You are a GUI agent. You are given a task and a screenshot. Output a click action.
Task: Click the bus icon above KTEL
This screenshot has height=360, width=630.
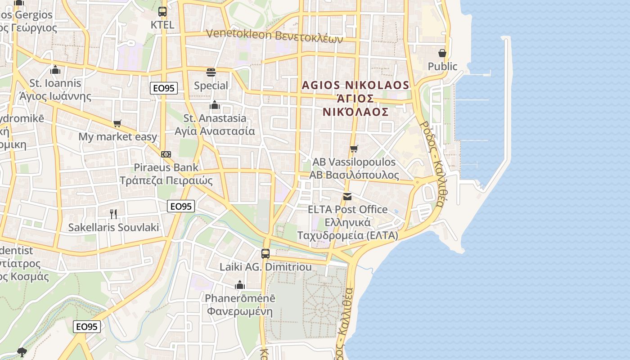pos(162,12)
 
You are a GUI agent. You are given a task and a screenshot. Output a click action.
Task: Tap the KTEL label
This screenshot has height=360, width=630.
pos(162,25)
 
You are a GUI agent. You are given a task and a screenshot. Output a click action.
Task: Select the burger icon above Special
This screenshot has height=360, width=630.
pos(211,72)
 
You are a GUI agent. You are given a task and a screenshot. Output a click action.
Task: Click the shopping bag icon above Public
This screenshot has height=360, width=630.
pos(442,53)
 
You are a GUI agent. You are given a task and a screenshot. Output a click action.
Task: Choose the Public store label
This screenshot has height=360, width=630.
pos(442,67)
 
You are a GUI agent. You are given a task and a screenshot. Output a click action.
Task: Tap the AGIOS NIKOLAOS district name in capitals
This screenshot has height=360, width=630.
pos(355,85)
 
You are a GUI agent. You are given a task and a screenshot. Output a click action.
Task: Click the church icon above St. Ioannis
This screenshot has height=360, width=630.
pos(55,70)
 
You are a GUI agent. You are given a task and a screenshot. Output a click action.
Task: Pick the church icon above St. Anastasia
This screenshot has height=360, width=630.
pos(215,105)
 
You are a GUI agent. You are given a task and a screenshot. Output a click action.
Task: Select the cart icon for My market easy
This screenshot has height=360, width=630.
pos(117,123)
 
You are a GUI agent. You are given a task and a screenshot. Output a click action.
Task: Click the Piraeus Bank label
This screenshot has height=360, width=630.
pos(166,167)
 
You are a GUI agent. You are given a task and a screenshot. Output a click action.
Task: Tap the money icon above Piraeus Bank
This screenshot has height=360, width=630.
pos(166,154)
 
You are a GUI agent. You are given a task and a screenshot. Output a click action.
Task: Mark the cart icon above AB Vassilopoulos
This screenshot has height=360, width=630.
pos(354,148)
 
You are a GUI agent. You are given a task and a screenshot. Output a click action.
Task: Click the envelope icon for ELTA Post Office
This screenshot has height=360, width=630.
pos(347,196)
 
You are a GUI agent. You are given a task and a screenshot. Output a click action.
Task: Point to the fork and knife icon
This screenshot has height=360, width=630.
pos(113,214)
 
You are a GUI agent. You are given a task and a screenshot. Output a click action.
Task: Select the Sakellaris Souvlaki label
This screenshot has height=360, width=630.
pos(113,227)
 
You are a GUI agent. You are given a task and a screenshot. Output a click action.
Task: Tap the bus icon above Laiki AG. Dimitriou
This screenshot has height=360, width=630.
pos(265,253)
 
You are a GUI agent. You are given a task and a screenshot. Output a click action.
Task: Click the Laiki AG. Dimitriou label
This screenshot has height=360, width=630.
pos(265,267)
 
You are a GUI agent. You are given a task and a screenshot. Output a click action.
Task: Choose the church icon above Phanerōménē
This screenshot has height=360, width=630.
pos(240,285)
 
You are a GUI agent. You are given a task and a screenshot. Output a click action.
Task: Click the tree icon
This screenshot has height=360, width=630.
pos(22,352)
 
